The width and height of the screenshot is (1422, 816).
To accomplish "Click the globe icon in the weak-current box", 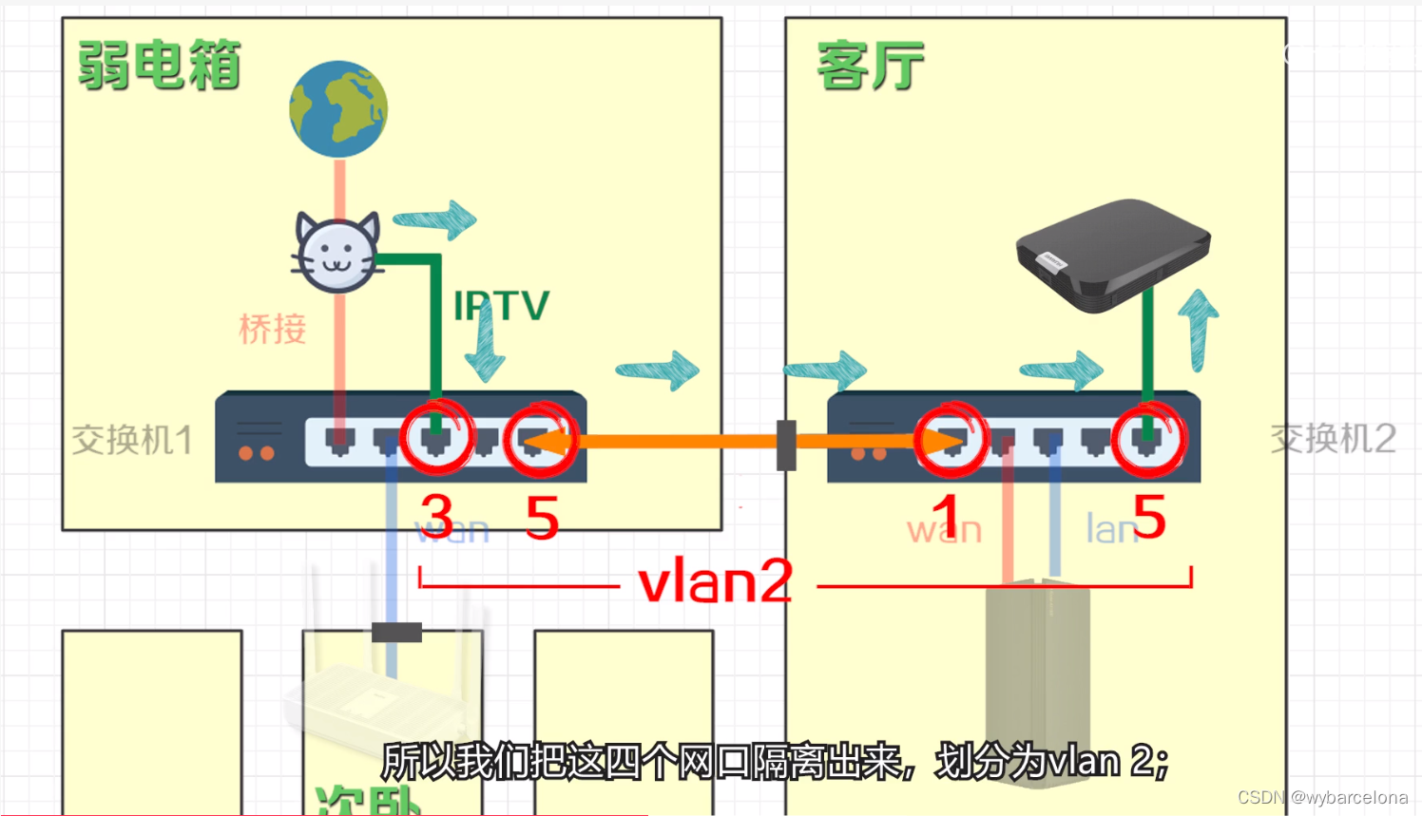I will click(x=338, y=109).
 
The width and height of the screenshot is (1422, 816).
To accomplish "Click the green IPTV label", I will click(x=502, y=307).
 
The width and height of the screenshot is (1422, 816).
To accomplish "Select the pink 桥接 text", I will click(x=273, y=329).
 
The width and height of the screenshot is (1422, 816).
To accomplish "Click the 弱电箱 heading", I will click(x=159, y=66).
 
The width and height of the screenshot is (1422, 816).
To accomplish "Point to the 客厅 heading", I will click(x=870, y=66).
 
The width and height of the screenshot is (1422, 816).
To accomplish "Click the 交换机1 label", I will click(x=132, y=440).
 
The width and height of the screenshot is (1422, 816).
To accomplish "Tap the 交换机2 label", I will click(x=1333, y=439).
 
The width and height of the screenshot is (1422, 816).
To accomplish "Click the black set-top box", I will click(x=1112, y=255).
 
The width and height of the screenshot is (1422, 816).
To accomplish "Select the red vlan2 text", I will click(x=715, y=581).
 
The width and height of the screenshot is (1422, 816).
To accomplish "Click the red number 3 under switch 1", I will click(x=437, y=517).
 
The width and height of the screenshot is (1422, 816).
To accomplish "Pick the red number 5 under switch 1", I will click(x=542, y=518).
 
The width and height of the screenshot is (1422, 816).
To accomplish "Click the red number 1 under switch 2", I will click(x=944, y=519).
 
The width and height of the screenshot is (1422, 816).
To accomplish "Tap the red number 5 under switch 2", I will click(x=1148, y=517).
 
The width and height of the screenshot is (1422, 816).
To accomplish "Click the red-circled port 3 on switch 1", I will click(x=436, y=439).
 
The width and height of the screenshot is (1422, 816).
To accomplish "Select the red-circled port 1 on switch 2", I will click(x=951, y=440).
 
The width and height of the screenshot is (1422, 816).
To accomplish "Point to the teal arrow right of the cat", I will click(x=435, y=220).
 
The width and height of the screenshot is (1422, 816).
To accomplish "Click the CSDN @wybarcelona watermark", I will click(x=1322, y=798).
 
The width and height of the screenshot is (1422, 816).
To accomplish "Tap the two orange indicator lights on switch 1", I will click(x=257, y=453).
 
